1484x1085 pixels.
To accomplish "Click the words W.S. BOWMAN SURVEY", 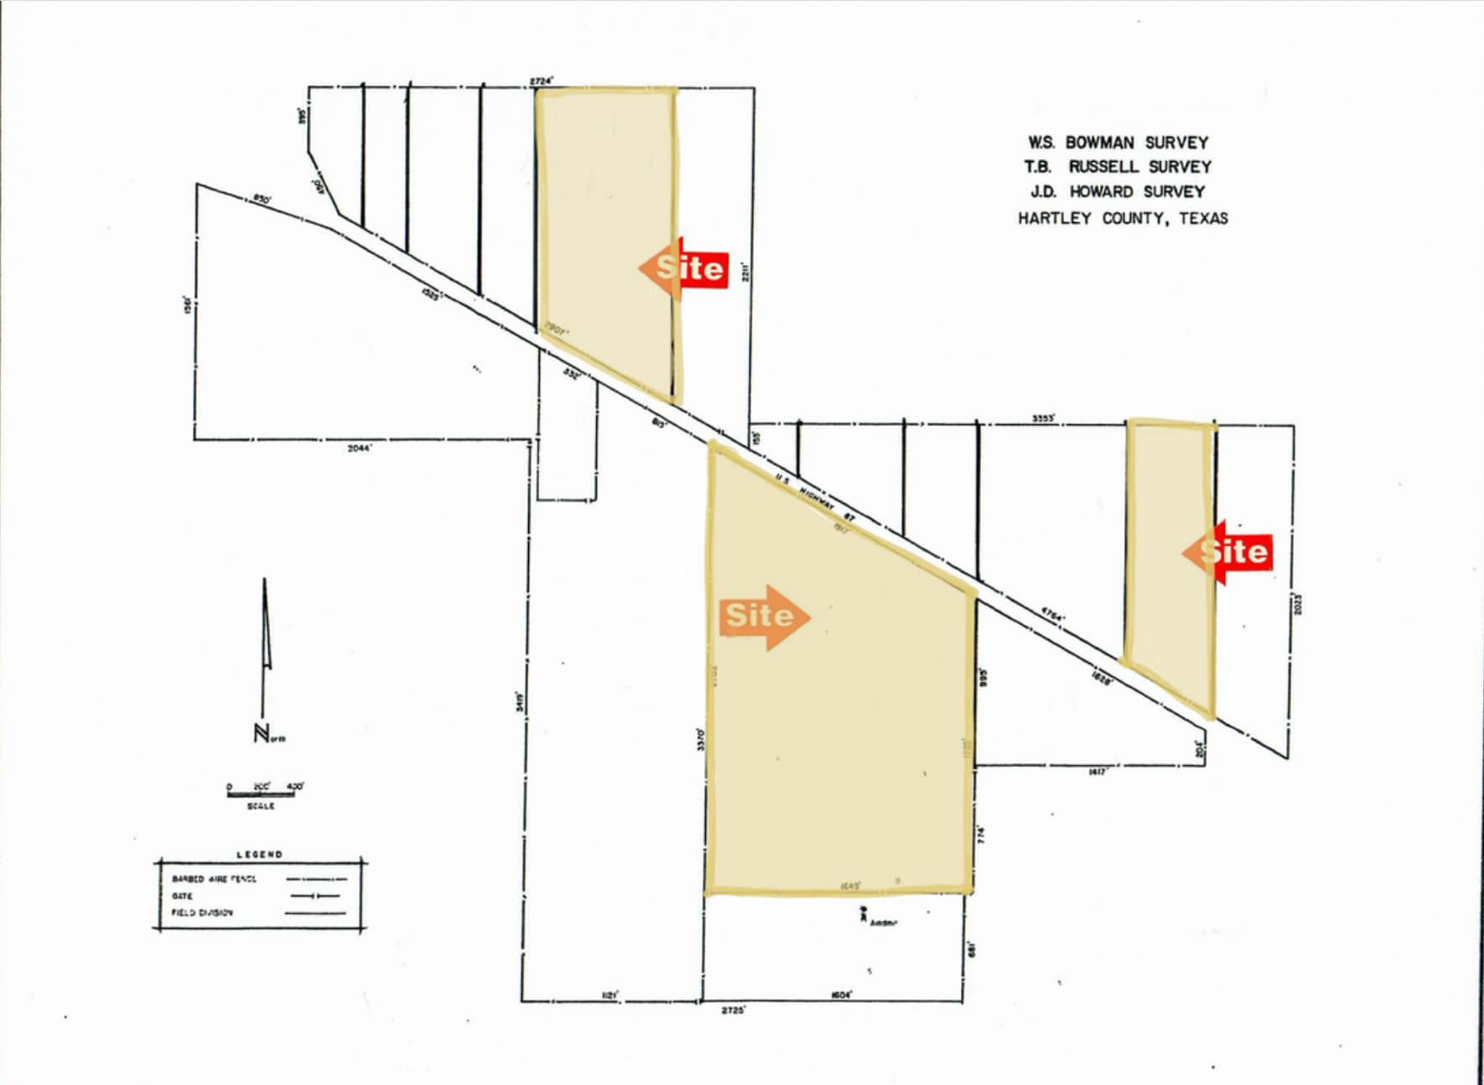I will (x=1118, y=143).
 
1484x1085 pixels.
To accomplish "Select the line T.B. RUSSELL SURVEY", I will (x=1118, y=167).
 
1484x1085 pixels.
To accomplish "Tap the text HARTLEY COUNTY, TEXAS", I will (x=1123, y=219).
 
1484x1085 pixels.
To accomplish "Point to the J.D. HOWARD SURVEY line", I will (x=1118, y=192).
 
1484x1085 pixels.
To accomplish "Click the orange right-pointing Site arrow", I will (x=764, y=617).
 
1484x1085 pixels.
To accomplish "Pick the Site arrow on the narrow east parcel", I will (x=1227, y=552).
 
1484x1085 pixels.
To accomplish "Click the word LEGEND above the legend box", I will (x=259, y=854).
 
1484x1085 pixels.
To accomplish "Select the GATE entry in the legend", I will (x=182, y=896).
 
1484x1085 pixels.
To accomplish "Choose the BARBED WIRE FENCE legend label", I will (x=214, y=879).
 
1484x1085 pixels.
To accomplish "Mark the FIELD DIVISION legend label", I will (x=202, y=912).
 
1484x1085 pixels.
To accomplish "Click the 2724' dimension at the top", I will (x=542, y=80).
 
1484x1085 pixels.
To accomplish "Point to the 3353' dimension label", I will (x=1043, y=418).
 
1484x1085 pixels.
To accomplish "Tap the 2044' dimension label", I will (x=360, y=449).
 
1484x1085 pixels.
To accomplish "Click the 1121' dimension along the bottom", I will (x=610, y=995).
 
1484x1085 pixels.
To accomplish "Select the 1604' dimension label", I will (x=841, y=995).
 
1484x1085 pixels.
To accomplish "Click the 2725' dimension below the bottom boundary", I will (x=734, y=1010).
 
